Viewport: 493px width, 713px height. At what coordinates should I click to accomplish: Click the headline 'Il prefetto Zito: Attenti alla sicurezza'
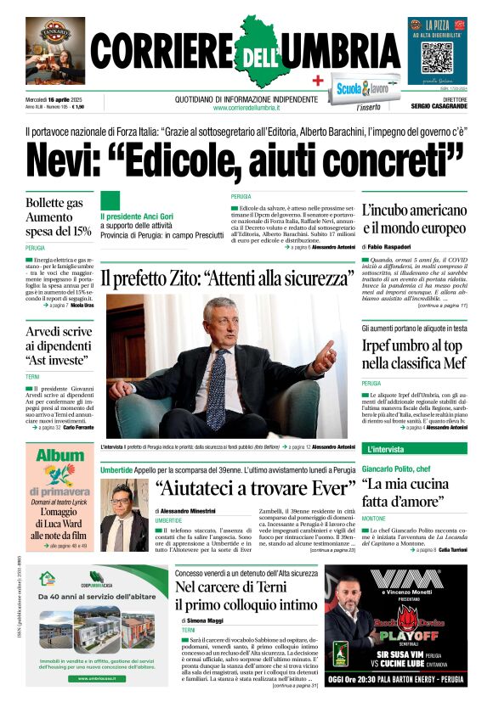[227, 278]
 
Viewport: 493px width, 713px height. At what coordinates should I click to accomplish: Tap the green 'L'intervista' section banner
[387, 449]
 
